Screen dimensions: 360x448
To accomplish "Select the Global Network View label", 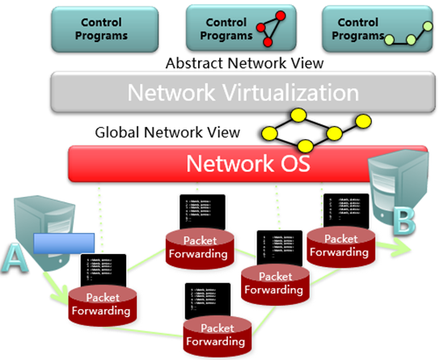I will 167,131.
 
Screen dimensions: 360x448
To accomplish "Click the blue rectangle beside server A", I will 66,244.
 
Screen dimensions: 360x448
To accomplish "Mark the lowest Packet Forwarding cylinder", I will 215,333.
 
